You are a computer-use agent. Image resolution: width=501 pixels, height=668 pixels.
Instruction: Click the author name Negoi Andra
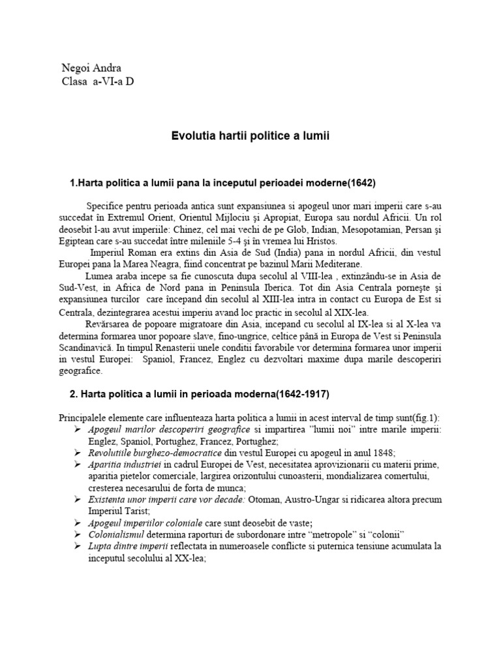pos(91,67)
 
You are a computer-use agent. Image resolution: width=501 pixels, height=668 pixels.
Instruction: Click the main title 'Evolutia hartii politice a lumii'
pos(250,136)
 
